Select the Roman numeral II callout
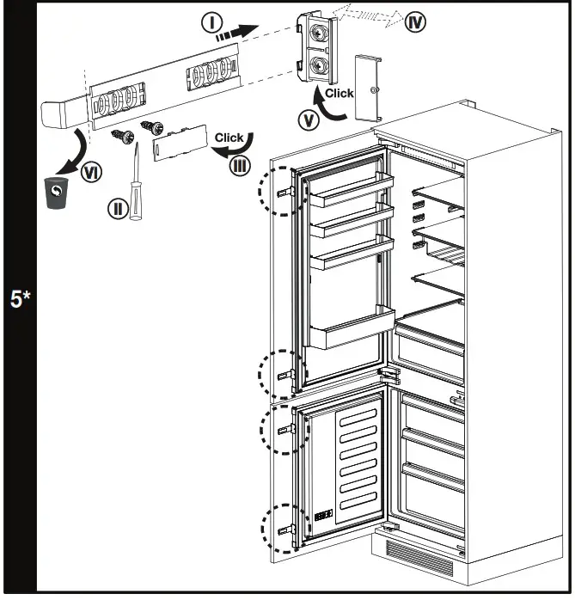point(118,207)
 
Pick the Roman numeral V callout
point(308,120)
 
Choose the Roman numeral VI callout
point(89,173)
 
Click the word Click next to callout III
point(229,138)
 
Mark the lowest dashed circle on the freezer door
point(281,526)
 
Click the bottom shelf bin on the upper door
point(352,331)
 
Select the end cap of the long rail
point(63,113)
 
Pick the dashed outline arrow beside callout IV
point(365,14)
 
